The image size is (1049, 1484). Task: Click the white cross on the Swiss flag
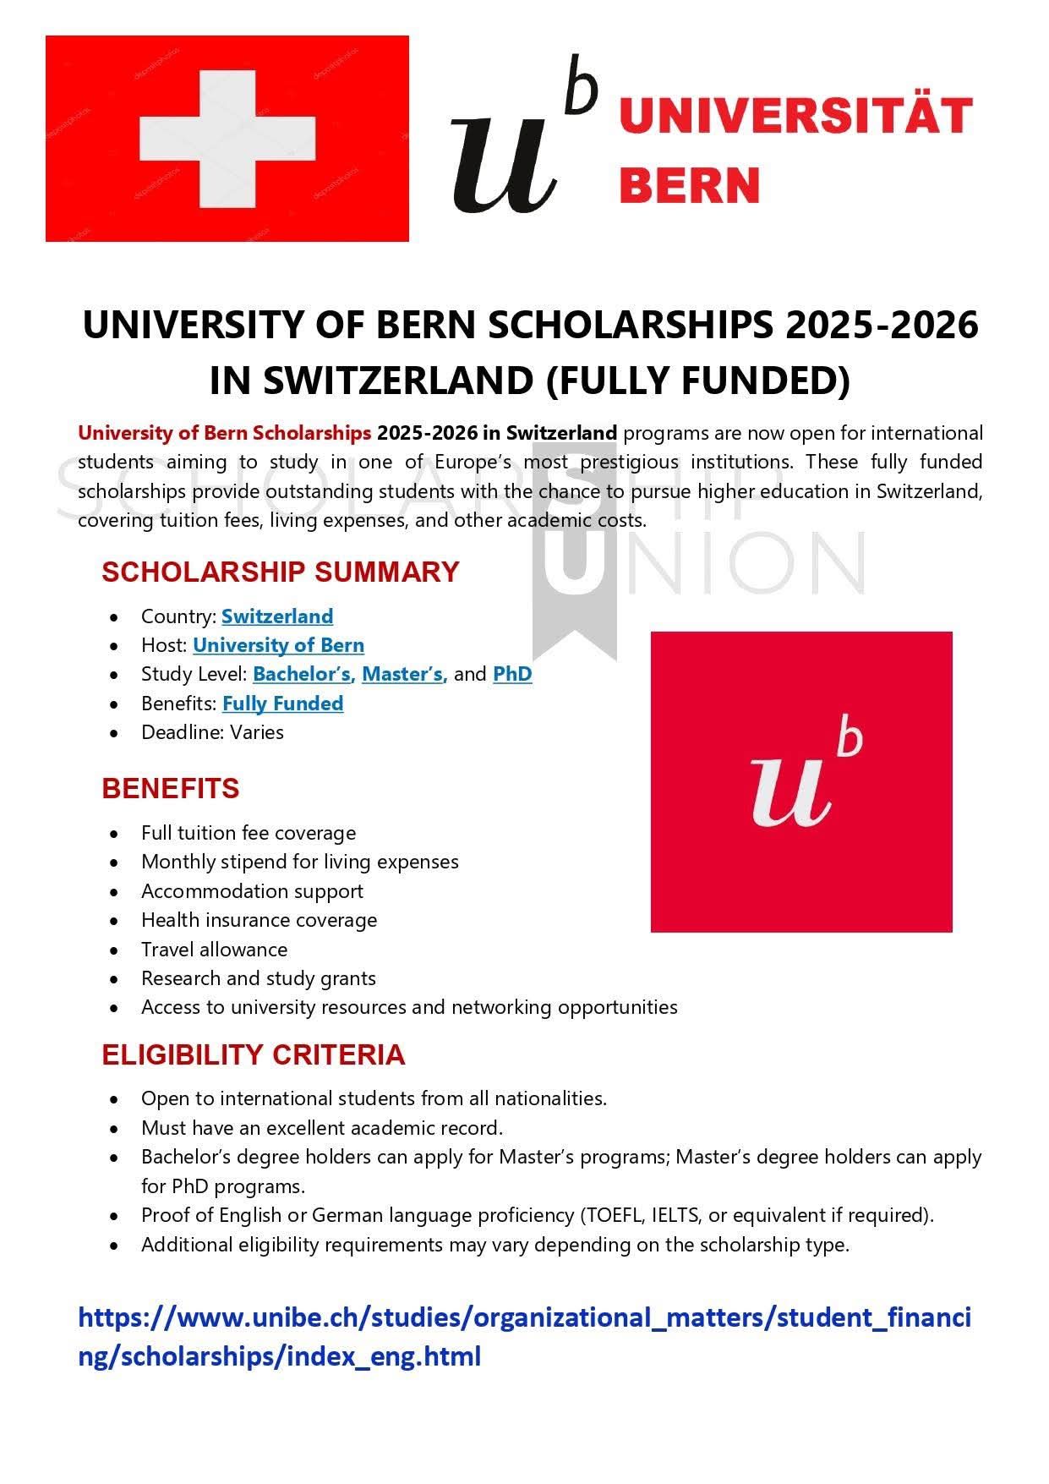tap(227, 139)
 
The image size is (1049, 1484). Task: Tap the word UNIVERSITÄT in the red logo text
tap(795, 116)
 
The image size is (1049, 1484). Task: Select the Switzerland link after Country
tap(277, 616)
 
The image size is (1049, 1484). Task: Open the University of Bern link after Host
tap(278, 645)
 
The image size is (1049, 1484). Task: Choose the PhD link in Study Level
tap(512, 674)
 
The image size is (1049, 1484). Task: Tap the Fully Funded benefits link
tap(282, 704)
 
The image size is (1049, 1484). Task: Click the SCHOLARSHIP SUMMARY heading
tap(280, 572)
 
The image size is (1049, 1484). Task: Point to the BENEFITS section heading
tap(171, 788)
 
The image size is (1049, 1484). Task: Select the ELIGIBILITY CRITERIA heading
tap(254, 1054)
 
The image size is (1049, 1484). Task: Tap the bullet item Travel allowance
tap(214, 950)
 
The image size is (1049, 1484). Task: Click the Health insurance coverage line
tap(259, 920)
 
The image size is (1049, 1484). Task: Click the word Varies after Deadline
tap(257, 732)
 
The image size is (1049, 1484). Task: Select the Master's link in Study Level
tap(402, 674)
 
